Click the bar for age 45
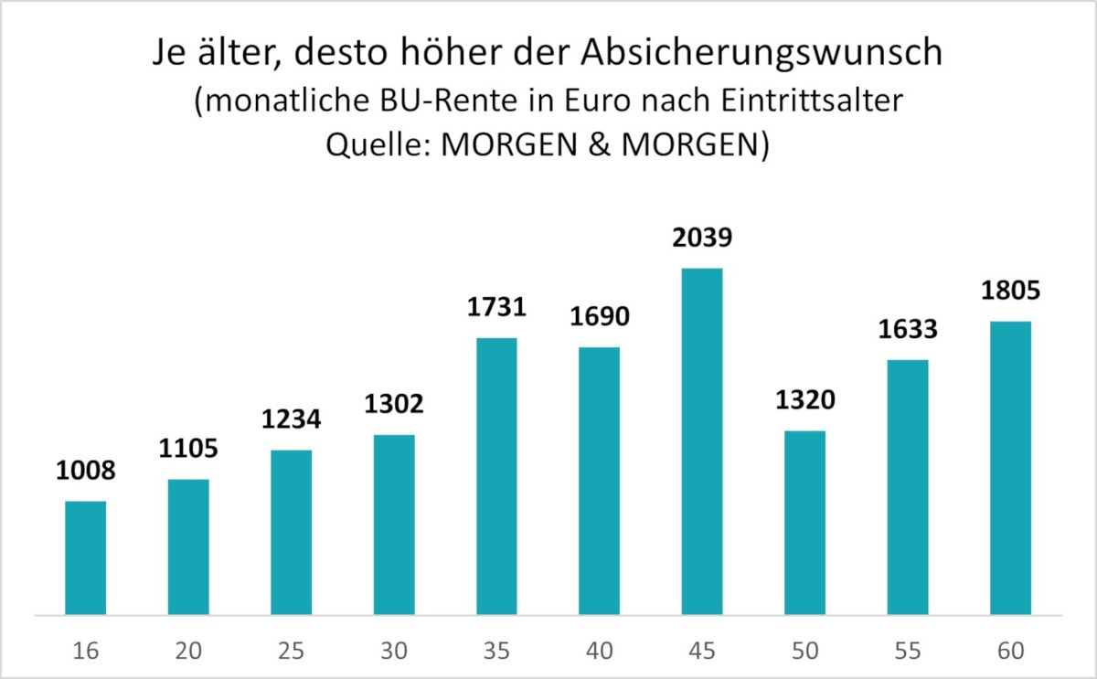click(702, 441)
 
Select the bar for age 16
click(86, 557)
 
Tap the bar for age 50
click(804, 523)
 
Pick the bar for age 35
click(496, 476)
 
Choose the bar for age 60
click(1010, 468)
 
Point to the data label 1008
click(86, 473)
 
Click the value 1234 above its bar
click(291, 421)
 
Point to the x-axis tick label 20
click(188, 651)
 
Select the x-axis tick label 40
click(599, 651)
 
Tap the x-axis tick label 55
click(907, 651)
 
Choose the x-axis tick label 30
click(394, 651)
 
